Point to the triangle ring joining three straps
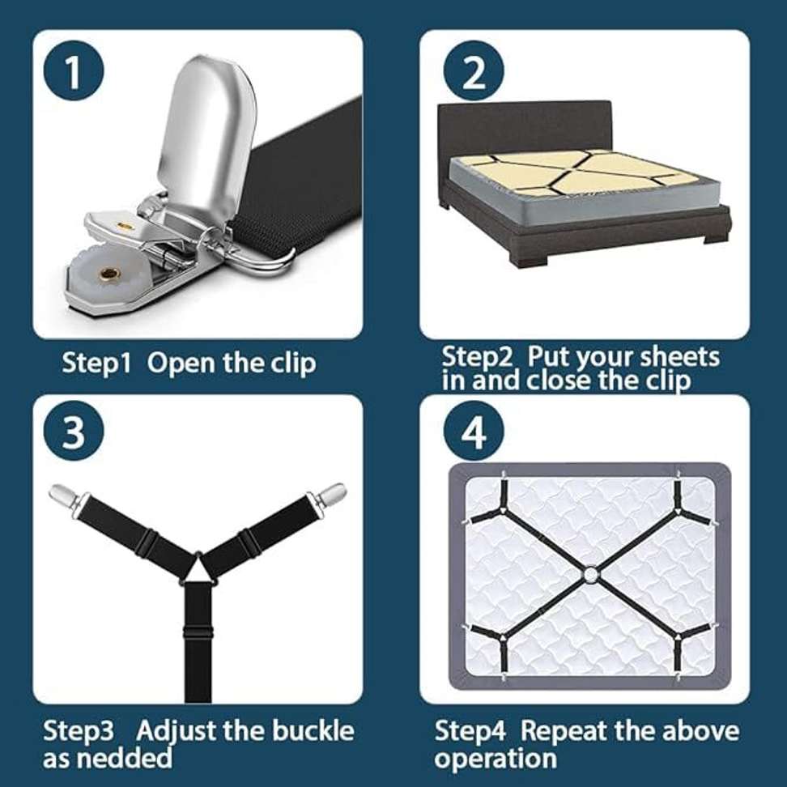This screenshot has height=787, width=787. pos(197,569)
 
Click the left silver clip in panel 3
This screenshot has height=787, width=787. pos(63,495)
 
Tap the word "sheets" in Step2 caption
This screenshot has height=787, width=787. pos(679,357)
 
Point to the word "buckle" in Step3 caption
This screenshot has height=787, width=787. pos(311,731)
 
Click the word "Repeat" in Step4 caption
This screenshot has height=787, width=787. pos(564,731)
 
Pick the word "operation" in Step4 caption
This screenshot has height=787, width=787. pos(496,759)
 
